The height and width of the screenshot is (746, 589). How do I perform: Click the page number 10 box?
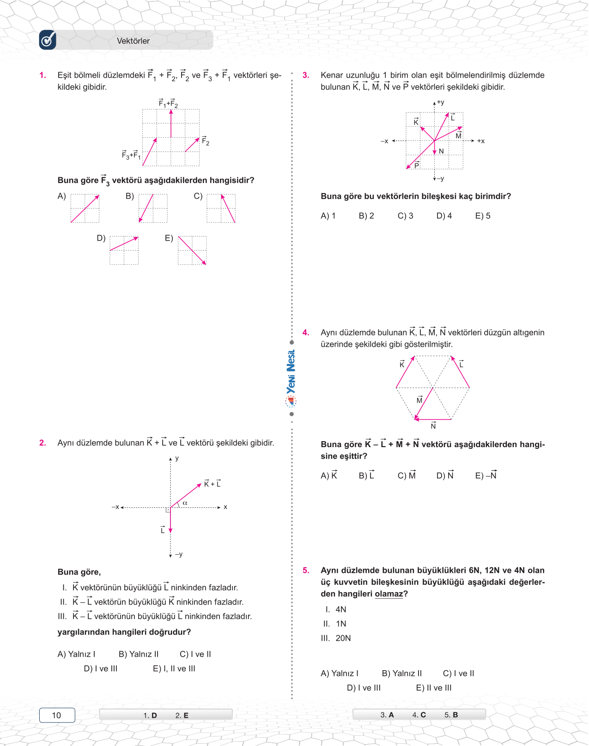tap(57, 715)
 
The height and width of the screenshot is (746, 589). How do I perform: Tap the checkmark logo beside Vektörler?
tap(48, 40)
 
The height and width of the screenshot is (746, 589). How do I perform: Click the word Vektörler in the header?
tap(133, 41)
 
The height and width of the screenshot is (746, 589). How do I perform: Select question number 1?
tap(43, 75)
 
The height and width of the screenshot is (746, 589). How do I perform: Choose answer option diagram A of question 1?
tap(85, 208)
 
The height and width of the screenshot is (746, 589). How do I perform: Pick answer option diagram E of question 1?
tap(192, 250)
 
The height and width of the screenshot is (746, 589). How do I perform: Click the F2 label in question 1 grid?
tap(206, 141)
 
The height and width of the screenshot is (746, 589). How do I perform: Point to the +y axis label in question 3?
tap(440, 103)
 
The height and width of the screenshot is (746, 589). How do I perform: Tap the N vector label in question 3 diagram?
tap(441, 151)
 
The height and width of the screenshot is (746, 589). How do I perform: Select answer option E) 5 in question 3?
tap(483, 216)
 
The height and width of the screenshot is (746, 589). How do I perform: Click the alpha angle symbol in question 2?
tap(185, 503)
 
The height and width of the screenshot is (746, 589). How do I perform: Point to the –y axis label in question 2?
tap(179, 554)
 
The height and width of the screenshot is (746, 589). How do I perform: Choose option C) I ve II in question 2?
tap(195, 654)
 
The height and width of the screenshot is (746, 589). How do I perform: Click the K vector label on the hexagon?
tap(402, 364)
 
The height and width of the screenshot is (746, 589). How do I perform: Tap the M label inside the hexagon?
tap(419, 400)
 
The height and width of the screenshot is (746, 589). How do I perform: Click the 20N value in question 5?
tap(343, 638)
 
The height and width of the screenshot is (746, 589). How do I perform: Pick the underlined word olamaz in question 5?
tap(389, 594)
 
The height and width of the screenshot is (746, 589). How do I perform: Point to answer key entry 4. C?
tap(419, 715)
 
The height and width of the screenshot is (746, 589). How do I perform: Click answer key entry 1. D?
tap(150, 715)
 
